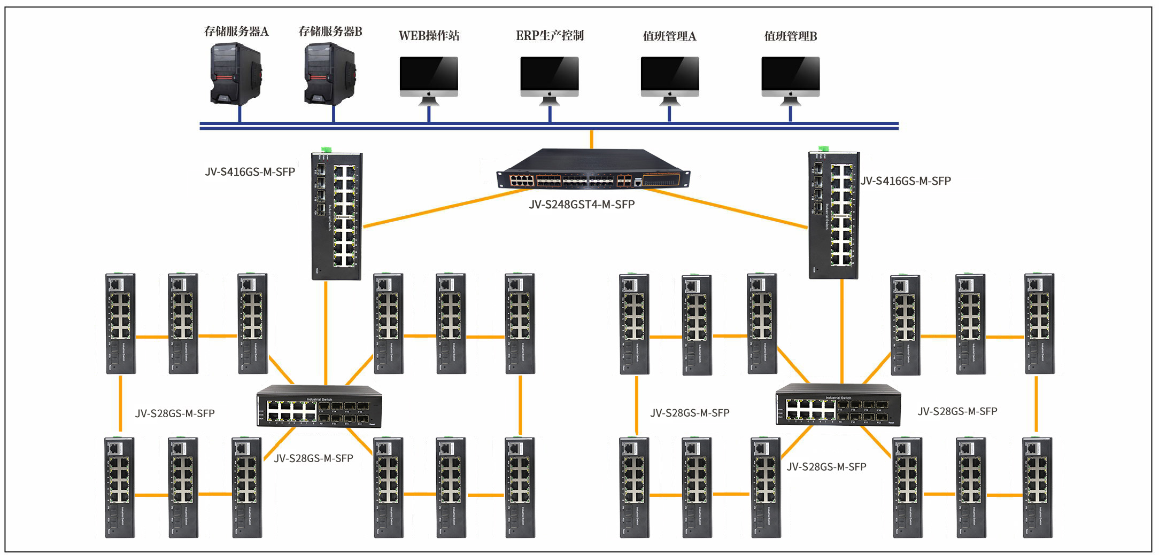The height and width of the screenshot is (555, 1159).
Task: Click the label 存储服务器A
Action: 236,32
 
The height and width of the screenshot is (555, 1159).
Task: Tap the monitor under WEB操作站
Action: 429,78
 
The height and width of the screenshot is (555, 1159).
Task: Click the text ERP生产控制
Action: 550,36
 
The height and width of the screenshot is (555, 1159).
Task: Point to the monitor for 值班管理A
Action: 670,78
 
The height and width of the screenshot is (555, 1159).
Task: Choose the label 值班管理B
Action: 790,36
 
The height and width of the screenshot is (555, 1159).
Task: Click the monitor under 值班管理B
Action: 790,78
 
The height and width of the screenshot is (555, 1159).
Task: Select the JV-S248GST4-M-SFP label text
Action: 582,205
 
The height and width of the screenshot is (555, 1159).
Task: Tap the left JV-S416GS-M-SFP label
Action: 250,172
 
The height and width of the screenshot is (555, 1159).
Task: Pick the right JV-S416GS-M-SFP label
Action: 906,181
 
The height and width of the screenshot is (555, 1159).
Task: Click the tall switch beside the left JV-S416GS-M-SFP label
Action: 337,216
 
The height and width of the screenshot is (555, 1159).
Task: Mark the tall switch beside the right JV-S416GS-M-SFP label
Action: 833,215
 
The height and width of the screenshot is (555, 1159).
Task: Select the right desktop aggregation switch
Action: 838,405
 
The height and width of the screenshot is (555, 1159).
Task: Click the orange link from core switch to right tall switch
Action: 727,209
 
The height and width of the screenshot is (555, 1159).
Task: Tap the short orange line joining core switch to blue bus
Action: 591,139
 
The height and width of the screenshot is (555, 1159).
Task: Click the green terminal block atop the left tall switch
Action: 326,150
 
